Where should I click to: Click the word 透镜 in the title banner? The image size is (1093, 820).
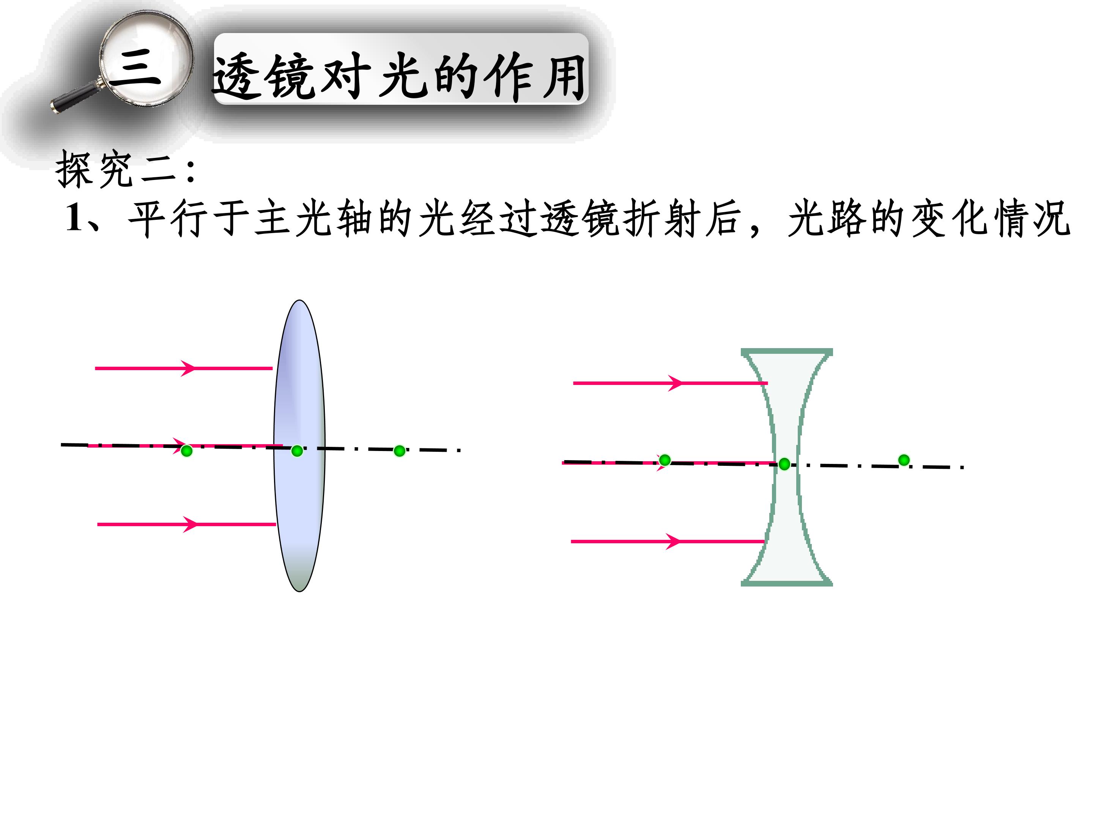point(265,76)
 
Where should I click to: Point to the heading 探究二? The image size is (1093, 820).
point(116,169)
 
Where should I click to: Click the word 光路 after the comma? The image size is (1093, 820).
point(828,218)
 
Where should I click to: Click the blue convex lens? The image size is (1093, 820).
point(299,445)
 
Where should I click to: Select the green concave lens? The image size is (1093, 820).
point(787,467)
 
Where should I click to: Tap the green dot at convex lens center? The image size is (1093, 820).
point(297,451)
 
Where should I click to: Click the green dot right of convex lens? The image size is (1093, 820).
point(400,451)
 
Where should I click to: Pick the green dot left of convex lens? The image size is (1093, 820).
point(186,451)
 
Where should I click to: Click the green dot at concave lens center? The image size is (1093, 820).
point(784,464)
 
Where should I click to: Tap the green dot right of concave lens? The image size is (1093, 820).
point(904,460)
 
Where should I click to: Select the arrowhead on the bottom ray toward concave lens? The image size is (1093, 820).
point(674,541)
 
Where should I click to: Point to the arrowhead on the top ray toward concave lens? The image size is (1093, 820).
point(676,383)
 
